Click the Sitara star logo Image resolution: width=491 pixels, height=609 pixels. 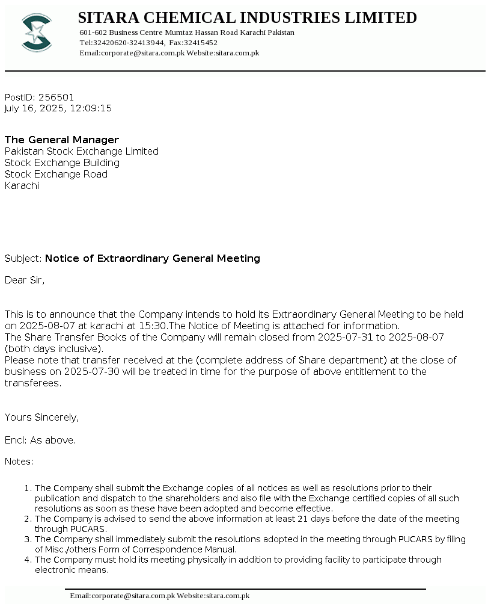(x=36, y=32)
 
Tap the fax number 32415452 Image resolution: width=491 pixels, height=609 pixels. (x=202, y=43)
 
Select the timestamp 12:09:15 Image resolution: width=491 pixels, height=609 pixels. (x=91, y=108)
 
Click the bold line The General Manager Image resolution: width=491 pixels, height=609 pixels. (x=62, y=140)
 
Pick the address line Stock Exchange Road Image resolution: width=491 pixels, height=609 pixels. (x=56, y=174)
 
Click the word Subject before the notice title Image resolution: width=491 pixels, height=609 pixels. (x=23, y=258)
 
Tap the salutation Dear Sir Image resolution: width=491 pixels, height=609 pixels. (x=24, y=280)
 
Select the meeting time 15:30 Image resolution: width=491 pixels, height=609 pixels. (x=154, y=326)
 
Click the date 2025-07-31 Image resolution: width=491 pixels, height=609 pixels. (x=345, y=337)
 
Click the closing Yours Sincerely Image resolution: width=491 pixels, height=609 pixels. (x=41, y=417)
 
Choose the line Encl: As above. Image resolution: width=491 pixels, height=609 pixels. (x=40, y=440)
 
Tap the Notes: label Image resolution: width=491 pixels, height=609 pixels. (x=19, y=462)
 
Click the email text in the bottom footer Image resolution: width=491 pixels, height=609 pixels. (x=122, y=596)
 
